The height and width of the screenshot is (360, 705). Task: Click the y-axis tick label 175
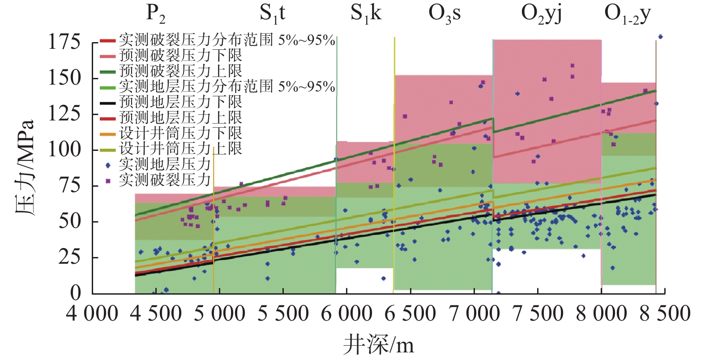click(64, 42)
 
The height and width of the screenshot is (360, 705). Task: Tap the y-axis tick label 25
click(69, 257)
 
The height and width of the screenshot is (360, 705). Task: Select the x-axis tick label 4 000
click(92, 313)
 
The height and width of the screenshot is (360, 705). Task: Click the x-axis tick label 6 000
click(346, 313)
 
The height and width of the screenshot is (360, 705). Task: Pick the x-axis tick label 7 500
click(538, 313)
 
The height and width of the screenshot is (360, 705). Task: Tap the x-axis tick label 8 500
click(665, 313)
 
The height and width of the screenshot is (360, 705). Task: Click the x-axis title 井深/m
click(379, 345)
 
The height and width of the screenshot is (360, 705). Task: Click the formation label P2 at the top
click(156, 13)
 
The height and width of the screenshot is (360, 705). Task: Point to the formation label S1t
click(272, 13)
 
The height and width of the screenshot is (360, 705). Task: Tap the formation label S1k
click(366, 13)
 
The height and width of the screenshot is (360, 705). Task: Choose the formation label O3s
click(444, 13)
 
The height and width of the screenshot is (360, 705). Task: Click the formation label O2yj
click(541, 13)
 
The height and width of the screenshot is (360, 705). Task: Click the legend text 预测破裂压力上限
click(180, 71)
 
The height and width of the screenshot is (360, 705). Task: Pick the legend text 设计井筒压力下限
click(180, 133)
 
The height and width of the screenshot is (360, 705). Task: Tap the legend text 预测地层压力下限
click(180, 102)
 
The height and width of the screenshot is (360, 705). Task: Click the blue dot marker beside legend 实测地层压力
click(107, 165)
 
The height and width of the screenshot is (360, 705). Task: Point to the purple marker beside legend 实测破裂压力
click(107, 180)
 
